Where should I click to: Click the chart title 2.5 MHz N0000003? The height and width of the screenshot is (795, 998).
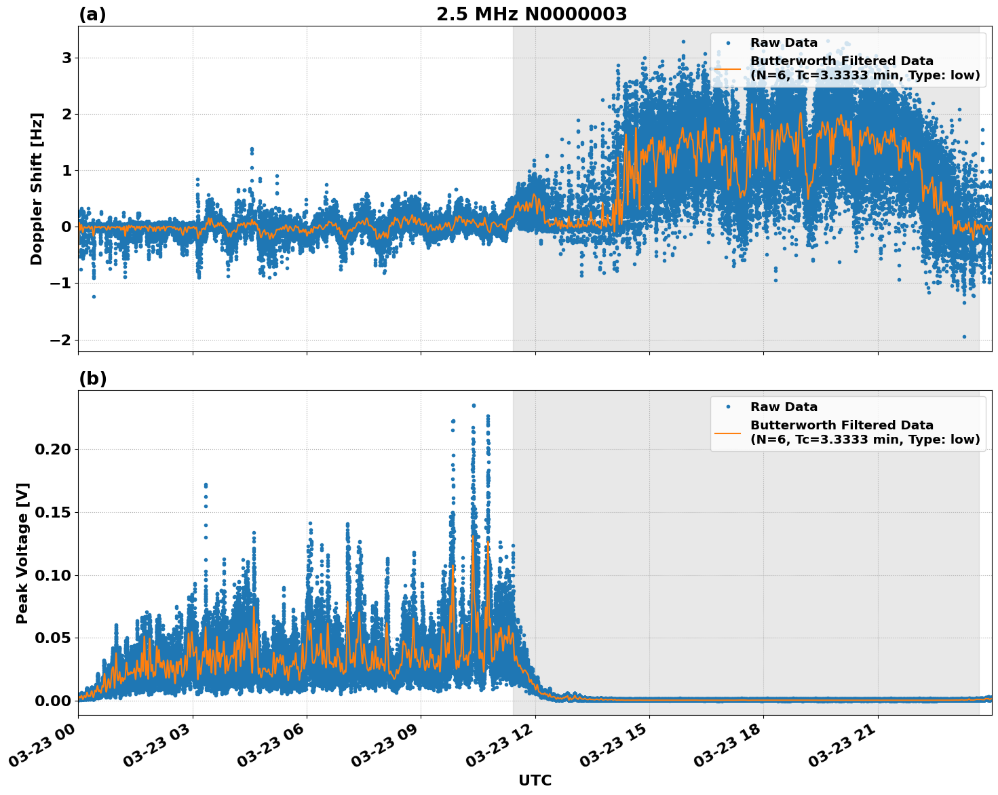click(x=531, y=14)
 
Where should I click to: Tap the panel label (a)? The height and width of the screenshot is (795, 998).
click(x=92, y=14)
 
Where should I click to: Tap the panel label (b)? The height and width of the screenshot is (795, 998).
click(x=92, y=379)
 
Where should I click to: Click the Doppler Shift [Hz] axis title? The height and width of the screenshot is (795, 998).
click(x=37, y=189)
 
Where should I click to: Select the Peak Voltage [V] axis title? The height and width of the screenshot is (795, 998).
click(x=22, y=553)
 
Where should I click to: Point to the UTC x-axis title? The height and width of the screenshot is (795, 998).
click(x=535, y=780)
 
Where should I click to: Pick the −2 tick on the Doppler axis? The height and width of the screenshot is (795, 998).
click(x=60, y=340)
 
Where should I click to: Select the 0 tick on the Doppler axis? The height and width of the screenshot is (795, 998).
click(x=66, y=227)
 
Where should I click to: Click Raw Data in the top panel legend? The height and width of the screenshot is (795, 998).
click(x=784, y=43)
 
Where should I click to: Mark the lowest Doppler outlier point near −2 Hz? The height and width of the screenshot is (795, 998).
click(x=964, y=336)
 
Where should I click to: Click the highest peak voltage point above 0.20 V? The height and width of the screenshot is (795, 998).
click(x=474, y=406)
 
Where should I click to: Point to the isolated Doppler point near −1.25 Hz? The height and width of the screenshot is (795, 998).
click(x=94, y=296)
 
